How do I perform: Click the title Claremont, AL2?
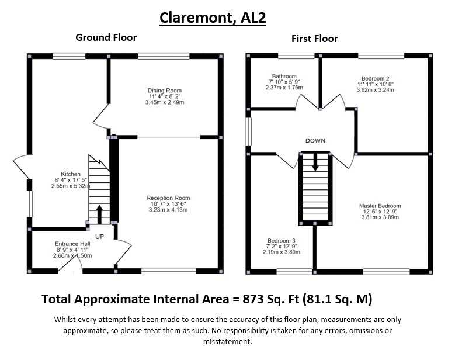pos(213,18)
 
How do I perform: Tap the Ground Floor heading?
pos(106,37)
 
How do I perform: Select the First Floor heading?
pos(314,39)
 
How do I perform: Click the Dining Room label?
pos(164,91)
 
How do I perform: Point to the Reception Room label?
pos(168,198)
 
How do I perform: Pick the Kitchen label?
pos(71,174)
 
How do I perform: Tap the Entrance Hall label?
pos(72,244)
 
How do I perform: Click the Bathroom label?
pos(284,76)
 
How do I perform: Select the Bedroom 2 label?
pos(375,78)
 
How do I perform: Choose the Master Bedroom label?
pos(380,206)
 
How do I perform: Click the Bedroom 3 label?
pos(282,241)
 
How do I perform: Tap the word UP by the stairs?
pos(100,237)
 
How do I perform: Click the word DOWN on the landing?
pos(315,141)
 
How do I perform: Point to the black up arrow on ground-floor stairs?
pos(99,214)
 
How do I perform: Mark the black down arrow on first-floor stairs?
pos(315,162)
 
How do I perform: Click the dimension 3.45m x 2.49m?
pos(164,102)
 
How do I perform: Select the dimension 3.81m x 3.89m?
pos(380,217)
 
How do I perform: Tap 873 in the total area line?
pos(253,299)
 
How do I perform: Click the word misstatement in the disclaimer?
pos(228,342)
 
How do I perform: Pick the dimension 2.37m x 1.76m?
pos(284,88)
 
